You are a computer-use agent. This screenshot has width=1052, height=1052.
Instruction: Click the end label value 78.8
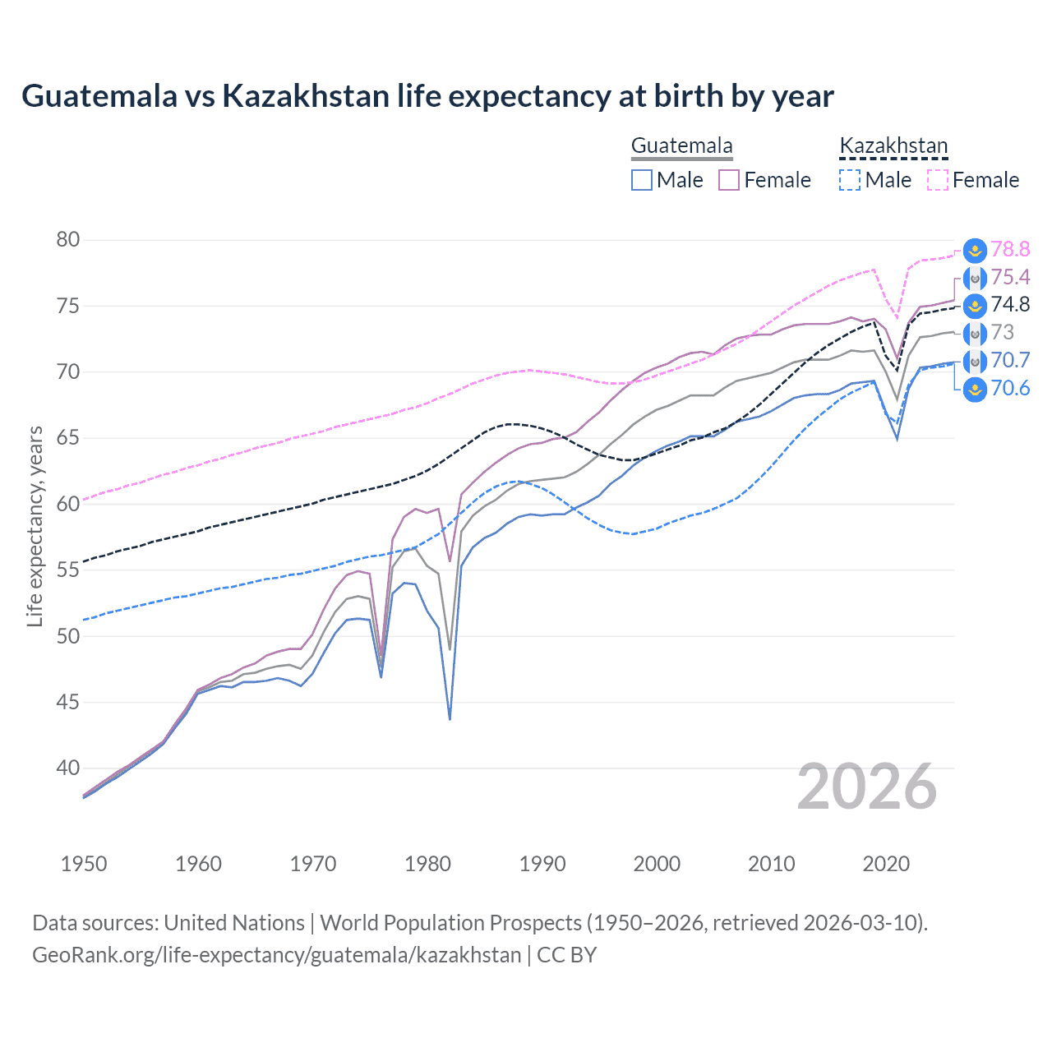(x=1010, y=250)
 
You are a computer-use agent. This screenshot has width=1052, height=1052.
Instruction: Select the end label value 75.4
(x=1010, y=278)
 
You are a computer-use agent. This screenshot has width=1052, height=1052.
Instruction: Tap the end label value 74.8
(x=1010, y=305)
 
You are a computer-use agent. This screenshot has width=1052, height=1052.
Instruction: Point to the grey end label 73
(x=1003, y=333)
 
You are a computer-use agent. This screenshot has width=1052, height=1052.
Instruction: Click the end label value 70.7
(x=1010, y=361)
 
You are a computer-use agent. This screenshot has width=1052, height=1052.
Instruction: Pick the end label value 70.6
(x=1010, y=389)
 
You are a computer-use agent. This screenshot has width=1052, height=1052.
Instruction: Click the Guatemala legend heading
(x=681, y=146)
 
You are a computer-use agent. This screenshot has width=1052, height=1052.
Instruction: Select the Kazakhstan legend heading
(x=893, y=146)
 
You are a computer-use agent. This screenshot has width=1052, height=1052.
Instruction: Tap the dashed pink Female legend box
(x=938, y=180)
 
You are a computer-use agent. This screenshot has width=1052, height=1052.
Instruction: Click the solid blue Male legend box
(x=642, y=180)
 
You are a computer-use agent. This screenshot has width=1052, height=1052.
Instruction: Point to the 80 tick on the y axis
(x=68, y=240)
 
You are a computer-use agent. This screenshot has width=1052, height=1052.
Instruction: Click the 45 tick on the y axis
(x=68, y=703)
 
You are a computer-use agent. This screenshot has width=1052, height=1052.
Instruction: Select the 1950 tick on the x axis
(x=84, y=864)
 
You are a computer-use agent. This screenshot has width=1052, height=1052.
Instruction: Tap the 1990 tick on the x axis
(x=542, y=864)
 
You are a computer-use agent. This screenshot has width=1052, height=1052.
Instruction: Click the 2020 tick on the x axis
(x=886, y=864)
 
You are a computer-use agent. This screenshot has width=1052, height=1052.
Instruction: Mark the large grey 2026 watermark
(x=867, y=787)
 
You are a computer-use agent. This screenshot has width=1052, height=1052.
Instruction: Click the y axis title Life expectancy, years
(x=35, y=526)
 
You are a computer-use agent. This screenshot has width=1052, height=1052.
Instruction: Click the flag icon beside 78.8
(x=975, y=251)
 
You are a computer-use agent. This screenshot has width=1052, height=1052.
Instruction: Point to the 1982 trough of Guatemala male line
(x=450, y=718)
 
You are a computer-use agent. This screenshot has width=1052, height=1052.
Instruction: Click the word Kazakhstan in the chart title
(x=305, y=96)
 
